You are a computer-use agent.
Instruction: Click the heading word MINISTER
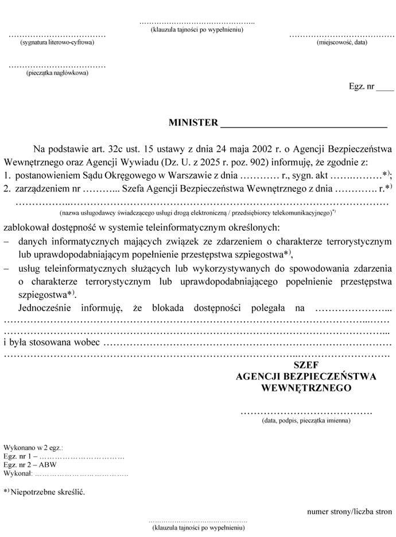193,123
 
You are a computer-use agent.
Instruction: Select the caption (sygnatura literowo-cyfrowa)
57,43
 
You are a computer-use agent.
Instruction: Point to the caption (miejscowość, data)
341,43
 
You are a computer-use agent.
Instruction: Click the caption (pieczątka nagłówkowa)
57,73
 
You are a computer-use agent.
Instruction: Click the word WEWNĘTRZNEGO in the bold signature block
306,387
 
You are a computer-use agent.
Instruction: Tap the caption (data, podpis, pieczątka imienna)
306,420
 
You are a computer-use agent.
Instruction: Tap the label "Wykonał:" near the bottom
18,475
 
